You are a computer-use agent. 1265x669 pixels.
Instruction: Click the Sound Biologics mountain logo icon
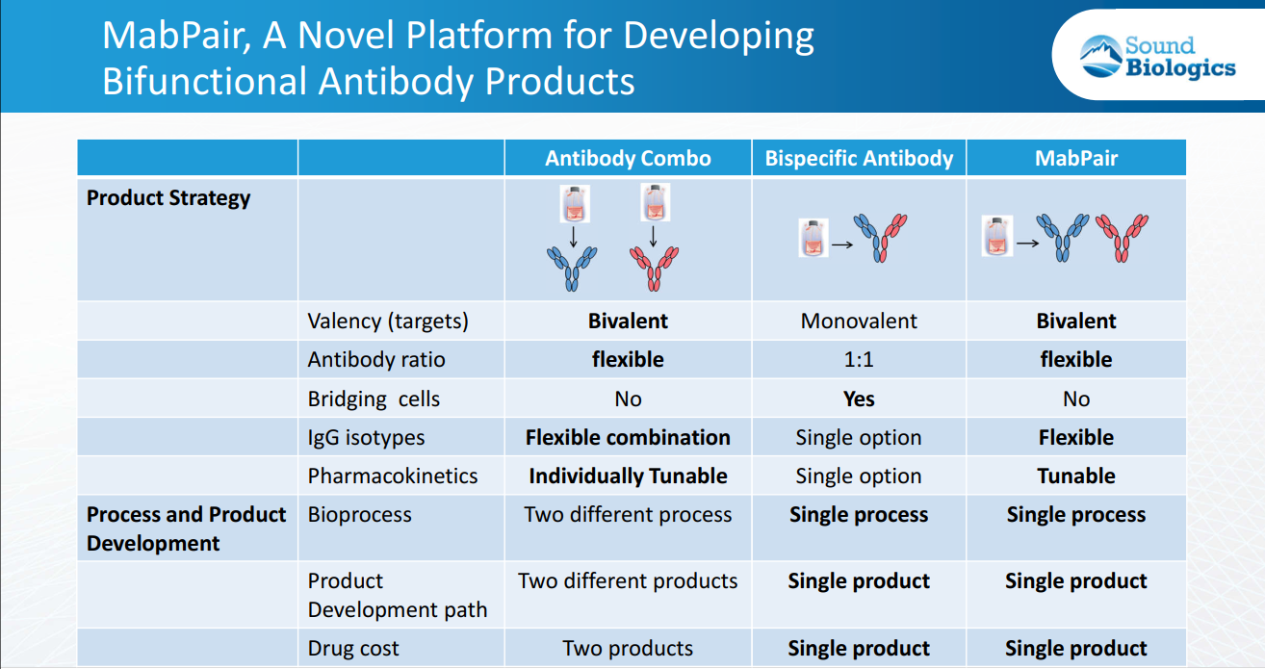[x=1100, y=56]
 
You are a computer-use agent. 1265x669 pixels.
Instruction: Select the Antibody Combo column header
[x=628, y=159]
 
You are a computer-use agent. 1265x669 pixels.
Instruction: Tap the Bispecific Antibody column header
[x=859, y=159]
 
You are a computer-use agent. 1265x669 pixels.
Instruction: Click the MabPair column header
[x=1075, y=159]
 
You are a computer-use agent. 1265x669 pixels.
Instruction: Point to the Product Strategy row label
[x=168, y=198]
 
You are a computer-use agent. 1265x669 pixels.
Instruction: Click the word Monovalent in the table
[x=859, y=321]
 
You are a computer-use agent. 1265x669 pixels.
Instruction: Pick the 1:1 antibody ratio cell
[x=859, y=360]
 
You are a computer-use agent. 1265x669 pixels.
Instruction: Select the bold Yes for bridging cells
[x=859, y=399]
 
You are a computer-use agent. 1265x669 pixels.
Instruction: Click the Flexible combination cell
[x=628, y=438]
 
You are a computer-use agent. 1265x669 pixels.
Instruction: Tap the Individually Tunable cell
[x=628, y=476]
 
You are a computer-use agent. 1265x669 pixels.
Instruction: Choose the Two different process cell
[x=628, y=515]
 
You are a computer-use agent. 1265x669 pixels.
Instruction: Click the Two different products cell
[x=628, y=581]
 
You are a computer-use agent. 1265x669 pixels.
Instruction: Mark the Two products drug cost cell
[x=628, y=648]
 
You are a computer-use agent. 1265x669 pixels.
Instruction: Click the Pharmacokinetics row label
[x=393, y=476]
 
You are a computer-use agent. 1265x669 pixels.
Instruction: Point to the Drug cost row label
[x=353, y=648]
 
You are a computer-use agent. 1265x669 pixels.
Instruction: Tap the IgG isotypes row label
[x=366, y=438]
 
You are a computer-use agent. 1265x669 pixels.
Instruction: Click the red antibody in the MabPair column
[x=1122, y=238]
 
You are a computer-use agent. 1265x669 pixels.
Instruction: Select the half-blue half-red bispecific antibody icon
[x=880, y=238]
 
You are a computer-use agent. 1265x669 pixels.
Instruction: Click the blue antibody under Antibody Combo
[x=572, y=269]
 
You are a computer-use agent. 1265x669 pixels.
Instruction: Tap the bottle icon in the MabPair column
[x=996, y=236]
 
